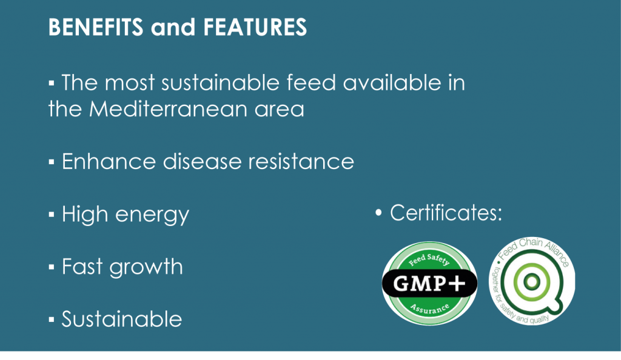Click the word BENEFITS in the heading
pyautogui.click(x=95, y=27)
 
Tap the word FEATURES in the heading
pyautogui.click(x=255, y=27)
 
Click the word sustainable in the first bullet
pyautogui.click(x=220, y=82)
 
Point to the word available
pyautogui.click(x=392, y=82)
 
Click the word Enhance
pyautogui.click(x=109, y=161)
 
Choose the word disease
pyautogui.click(x=202, y=161)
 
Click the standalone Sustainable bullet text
pyautogui.click(x=121, y=319)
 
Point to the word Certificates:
pyautogui.click(x=446, y=213)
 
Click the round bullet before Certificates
pyautogui.click(x=378, y=213)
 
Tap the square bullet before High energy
pyautogui.click(x=52, y=215)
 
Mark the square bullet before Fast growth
pyautogui.click(x=52, y=267)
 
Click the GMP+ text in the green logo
pyautogui.click(x=429, y=283)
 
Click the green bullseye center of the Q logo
pyautogui.click(x=531, y=282)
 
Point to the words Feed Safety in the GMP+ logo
pyautogui.click(x=429, y=259)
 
